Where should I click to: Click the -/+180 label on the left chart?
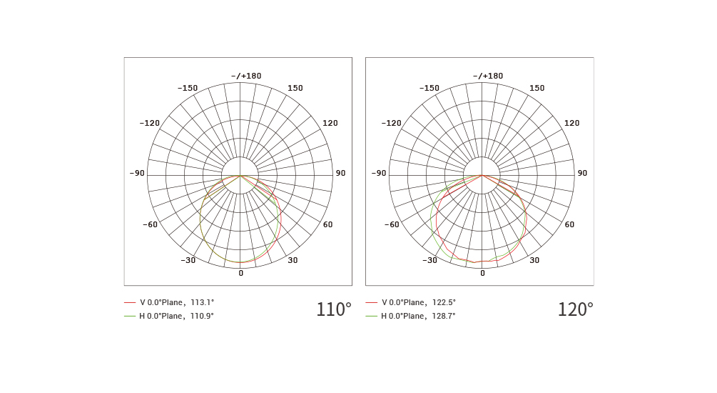tap(246, 76)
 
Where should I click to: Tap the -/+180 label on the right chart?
tap(488, 76)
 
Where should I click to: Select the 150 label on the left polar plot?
tap(295, 88)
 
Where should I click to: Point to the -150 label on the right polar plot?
tap(429, 88)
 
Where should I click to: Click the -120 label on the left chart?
tap(150, 123)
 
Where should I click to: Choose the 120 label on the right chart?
tap(571, 123)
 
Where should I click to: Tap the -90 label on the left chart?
tap(137, 173)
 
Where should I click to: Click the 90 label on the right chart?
tap(582, 173)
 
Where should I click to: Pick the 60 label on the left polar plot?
tap(328, 224)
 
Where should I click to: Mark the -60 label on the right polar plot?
tap(392, 224)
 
